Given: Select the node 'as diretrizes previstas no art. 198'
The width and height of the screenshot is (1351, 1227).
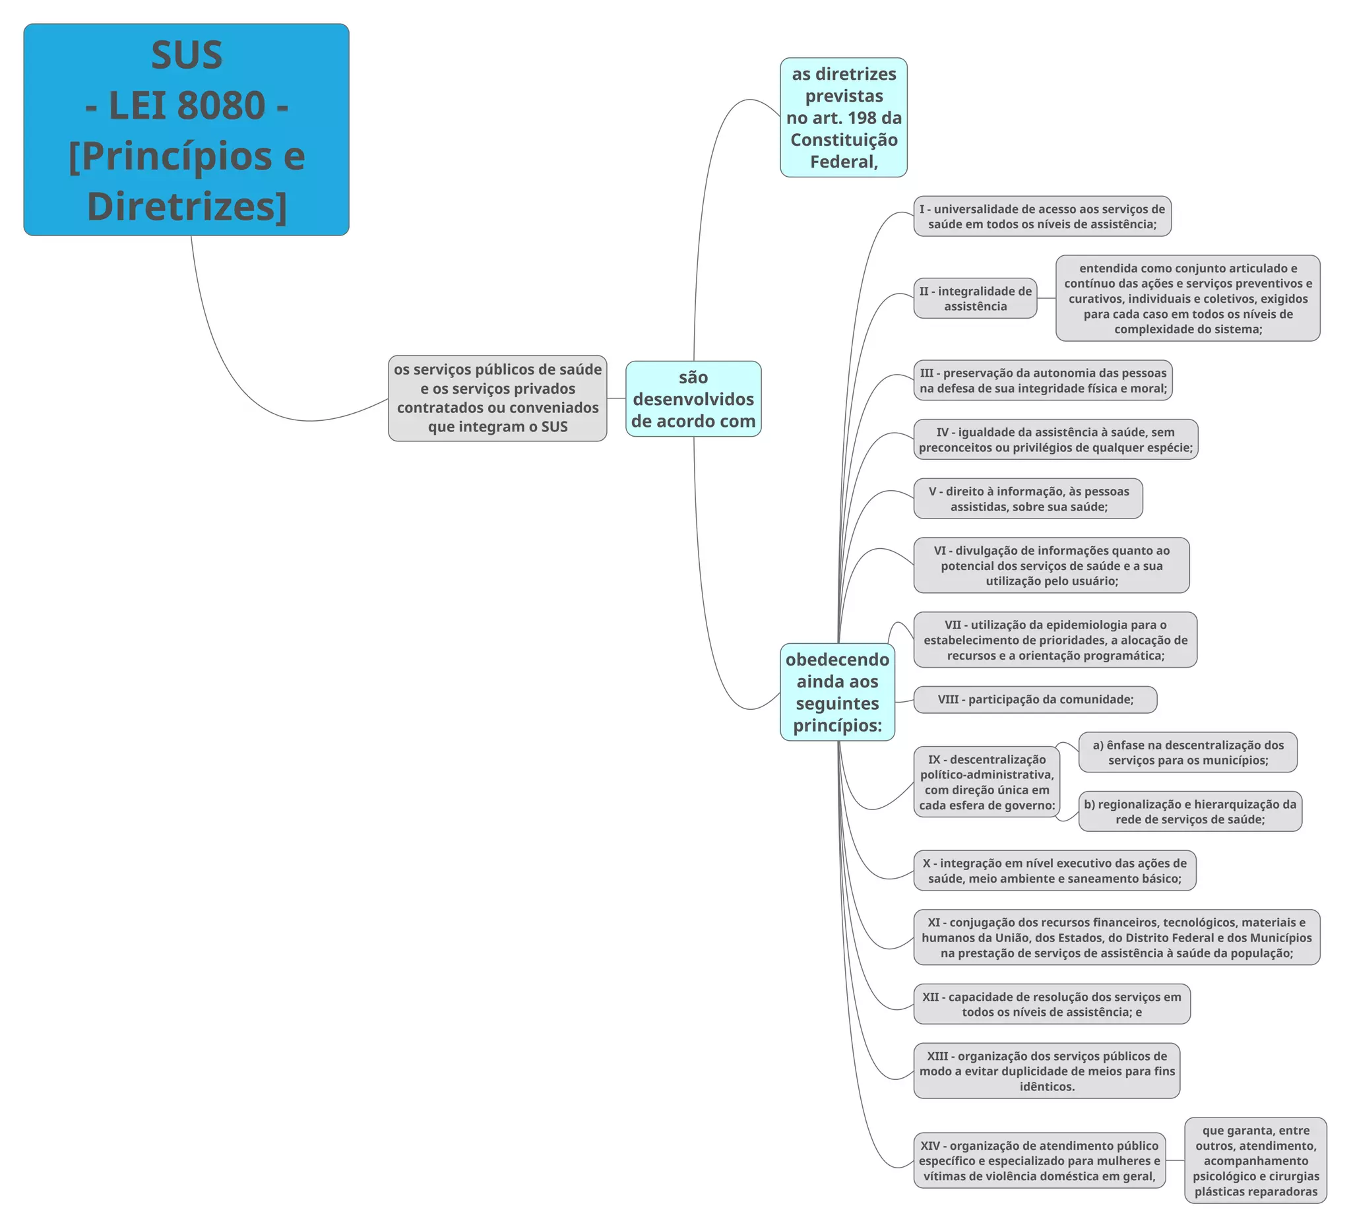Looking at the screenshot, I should [x=843, y=117].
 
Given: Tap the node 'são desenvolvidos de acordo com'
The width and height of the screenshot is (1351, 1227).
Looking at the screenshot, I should [x=693, y=398].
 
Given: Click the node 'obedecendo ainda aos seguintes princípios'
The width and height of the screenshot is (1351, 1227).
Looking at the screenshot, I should [x=837, y=691].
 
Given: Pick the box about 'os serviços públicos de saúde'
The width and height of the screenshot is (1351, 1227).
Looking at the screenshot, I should [x=497, y=398].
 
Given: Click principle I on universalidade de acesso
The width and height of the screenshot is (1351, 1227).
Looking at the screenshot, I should [x=1042, y=216].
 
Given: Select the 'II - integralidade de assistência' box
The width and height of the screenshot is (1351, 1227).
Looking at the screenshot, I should [x=975, y=298].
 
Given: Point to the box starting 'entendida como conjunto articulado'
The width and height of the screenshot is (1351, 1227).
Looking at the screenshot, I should [x=1187, y=298].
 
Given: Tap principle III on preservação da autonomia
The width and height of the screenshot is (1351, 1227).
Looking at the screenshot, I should [x=1043, y=380].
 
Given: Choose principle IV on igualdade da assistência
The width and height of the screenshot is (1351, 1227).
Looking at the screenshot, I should [x=1055, y=439].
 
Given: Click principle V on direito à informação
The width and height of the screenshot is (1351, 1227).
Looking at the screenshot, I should [x=1028, y=499].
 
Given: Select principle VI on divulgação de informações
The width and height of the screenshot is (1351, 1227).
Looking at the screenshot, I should [x=1051, y=565].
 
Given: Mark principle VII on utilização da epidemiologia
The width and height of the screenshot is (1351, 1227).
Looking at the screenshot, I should [x=1055, y=639].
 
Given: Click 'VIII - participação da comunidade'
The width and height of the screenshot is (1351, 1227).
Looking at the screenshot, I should [x=1035, y=699].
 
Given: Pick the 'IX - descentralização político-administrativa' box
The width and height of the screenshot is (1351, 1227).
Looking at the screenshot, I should [x=986, y=781].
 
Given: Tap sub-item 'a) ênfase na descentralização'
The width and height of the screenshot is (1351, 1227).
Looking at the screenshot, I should [x=1187, y=752].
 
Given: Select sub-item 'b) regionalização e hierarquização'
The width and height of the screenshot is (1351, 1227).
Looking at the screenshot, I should [x=1189, y=811].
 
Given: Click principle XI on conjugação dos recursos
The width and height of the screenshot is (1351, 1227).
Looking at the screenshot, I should [x=1116, y=937].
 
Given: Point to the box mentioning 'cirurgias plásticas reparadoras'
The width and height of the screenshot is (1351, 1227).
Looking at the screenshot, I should [x=1255, y=1160].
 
